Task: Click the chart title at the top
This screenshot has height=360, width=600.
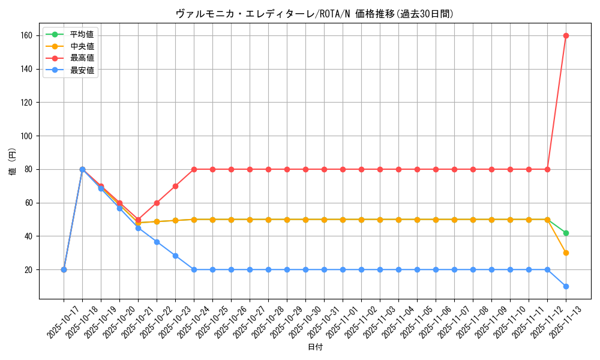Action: click(314, 14)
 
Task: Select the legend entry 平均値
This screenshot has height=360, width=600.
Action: click(82, 34)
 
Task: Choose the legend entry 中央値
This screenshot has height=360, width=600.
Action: click(82, 46)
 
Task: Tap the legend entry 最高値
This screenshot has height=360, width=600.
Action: click(82, 58)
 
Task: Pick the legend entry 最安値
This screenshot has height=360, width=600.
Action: click(82, 70)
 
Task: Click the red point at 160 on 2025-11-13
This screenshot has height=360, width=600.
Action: click(566, 35)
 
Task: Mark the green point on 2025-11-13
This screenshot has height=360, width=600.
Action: click(566, 233)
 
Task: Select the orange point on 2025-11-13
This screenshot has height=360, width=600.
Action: click(566, 253)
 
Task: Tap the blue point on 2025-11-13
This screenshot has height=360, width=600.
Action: click(566, 286)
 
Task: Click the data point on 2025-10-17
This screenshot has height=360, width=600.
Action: click(64, 269)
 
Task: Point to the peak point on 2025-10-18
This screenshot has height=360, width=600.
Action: click(82, 169)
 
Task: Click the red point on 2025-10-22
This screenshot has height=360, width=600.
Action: click(157, 203)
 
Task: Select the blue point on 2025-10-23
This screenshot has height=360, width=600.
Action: click(175, 256)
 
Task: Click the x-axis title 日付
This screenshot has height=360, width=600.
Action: click(314, 347)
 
